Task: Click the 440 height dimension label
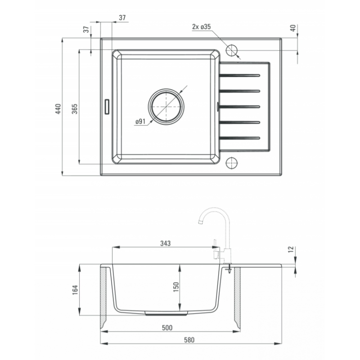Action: (x=58, y=109)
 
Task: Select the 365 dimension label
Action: (x=75, y=109)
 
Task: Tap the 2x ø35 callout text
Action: (x=201, y=27)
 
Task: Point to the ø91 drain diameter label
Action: (x=140, y=121)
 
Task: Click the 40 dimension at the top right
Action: (x=293, y=28)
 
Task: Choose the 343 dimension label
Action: (x=165, y=243)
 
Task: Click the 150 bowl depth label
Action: (x=175, y=287)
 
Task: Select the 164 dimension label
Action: (x=75, y=290)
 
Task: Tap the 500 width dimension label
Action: (x=167, y=328)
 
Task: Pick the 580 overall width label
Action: (x=189, y=340)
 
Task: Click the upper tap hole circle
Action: (x=232, y=50)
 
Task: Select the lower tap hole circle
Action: (x=232, y=163)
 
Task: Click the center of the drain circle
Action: (x=166, y=107)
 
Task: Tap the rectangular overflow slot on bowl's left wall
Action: (x=107, y=107)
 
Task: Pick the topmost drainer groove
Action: (x=239, y=75)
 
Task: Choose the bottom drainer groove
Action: (x=239, y=138)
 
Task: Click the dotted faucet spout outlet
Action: (x=200, y=222)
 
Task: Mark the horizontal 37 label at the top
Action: (x=122, y=18)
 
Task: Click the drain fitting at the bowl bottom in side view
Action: (x=166, y=313)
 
